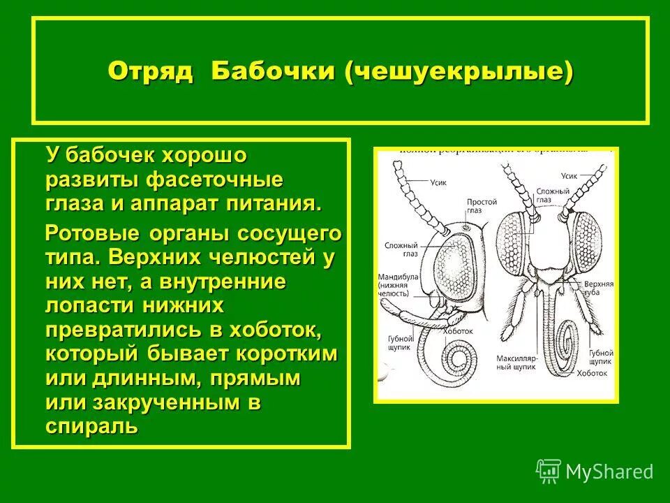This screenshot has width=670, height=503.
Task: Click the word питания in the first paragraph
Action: [x=274, y=203]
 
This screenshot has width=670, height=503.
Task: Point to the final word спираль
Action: [x=91, y=426]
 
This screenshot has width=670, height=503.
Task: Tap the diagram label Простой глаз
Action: [x=482, y=207]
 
